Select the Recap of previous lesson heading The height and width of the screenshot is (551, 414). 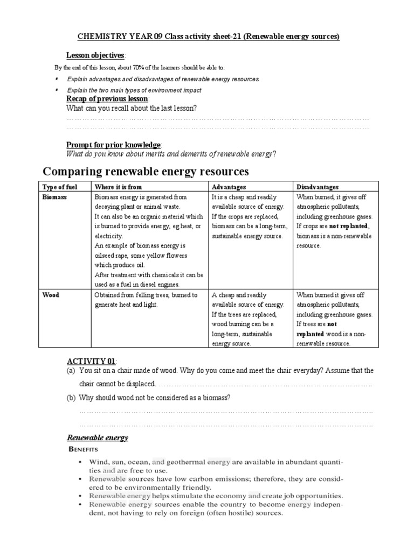107,99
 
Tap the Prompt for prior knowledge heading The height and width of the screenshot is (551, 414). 113,145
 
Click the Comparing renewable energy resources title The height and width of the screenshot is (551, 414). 146,172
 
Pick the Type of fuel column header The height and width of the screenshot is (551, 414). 60,187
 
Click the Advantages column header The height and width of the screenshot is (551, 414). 229,187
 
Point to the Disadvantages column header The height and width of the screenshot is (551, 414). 318,187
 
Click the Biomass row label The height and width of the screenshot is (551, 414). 55,197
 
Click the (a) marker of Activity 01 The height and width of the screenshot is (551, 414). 71,371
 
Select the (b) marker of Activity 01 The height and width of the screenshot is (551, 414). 71,398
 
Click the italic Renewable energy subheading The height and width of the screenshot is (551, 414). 97,437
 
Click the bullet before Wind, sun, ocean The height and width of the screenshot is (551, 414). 80,462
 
